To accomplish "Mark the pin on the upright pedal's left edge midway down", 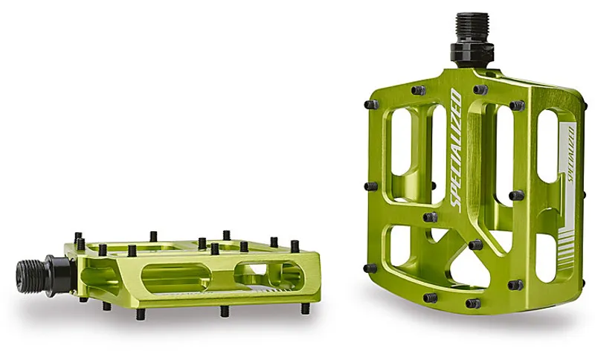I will click(370, 186).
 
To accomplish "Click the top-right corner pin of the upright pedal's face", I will click(517, 106).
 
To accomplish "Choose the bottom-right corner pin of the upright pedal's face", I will click(515, 284).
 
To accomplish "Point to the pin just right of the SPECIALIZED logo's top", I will click(480, 89).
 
